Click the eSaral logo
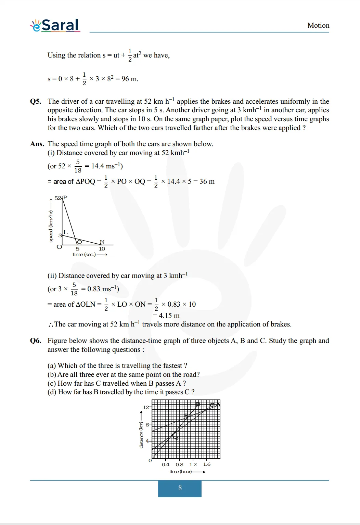click(x=55, y=25)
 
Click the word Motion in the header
click(x=318, y=26)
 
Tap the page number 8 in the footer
click(x=180, y=488)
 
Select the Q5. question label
click(x=36, y=102)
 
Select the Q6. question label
click(x=36, y=341)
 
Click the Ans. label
click(x=37, y=144)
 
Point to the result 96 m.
click(x=130, y=79)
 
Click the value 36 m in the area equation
click(x=207, y=181)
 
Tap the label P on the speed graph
click(x=65, y=197)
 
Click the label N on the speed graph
click(x=102, y=242)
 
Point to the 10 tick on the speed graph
click(x=102, y=249)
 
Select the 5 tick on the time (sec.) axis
click(x=78, y=249)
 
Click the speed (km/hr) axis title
click(x=51, y=226)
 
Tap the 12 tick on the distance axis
click(x=146, y=407)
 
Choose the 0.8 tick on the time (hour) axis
click(x=179, y=464)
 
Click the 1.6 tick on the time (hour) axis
click(x=207, y=464)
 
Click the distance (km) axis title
click(x=141, y=435)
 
